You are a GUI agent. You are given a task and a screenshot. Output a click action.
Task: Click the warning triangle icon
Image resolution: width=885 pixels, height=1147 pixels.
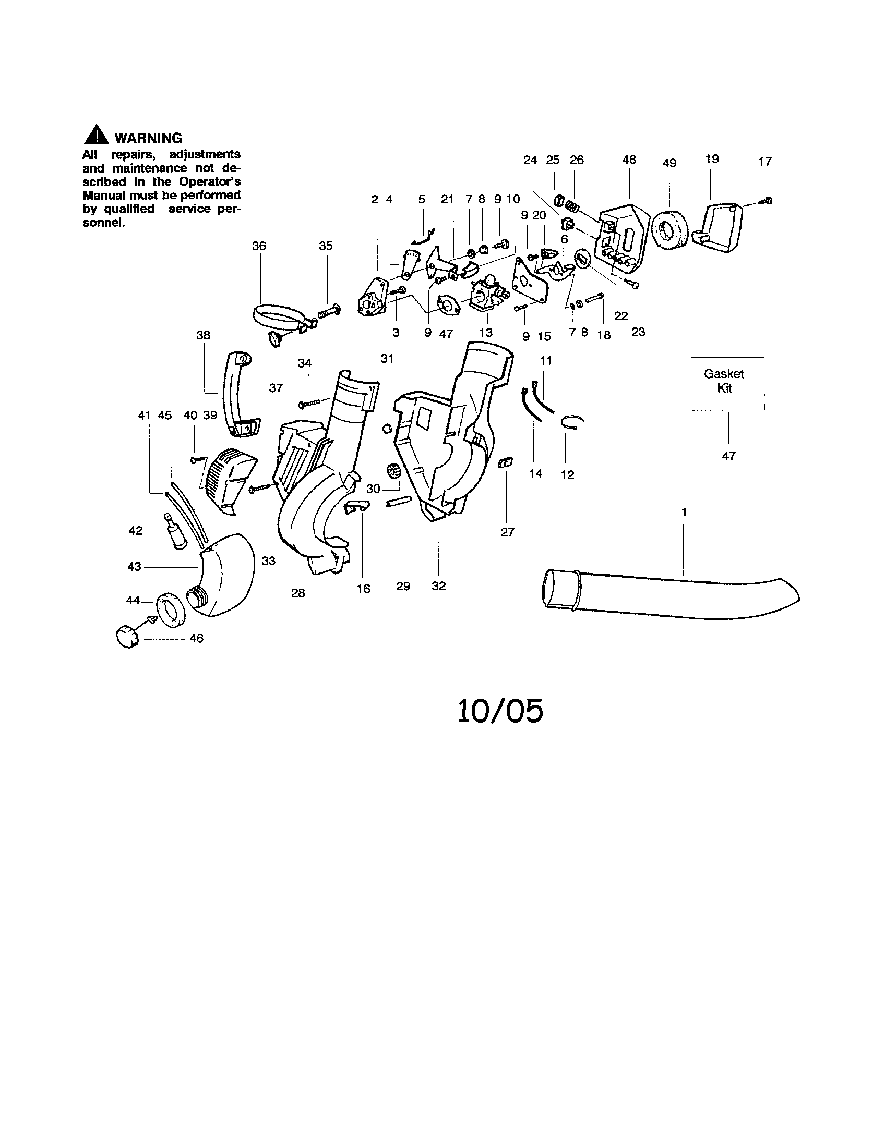96,136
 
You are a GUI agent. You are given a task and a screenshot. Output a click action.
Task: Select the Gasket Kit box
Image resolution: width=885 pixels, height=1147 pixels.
727,383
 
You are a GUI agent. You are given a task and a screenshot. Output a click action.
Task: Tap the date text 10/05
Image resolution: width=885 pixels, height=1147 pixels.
500,712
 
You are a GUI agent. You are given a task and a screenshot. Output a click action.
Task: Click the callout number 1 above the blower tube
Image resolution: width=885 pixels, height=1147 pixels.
684,512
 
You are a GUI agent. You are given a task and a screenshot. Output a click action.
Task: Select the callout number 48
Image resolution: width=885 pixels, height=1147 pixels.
629,160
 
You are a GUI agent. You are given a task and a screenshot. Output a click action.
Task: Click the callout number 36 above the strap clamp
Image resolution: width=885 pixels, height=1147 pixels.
259,246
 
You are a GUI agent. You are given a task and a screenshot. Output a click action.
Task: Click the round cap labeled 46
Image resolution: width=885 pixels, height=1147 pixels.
126,637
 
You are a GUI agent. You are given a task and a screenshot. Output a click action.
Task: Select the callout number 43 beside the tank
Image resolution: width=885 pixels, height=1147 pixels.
135,567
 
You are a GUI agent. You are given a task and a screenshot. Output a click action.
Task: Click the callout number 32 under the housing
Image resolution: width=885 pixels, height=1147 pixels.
438,586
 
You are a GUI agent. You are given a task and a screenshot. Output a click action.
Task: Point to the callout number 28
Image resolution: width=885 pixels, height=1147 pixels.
298,593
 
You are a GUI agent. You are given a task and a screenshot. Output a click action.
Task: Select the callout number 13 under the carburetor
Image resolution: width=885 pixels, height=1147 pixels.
486,332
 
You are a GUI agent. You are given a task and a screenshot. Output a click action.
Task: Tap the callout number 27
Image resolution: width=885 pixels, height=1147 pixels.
507,532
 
